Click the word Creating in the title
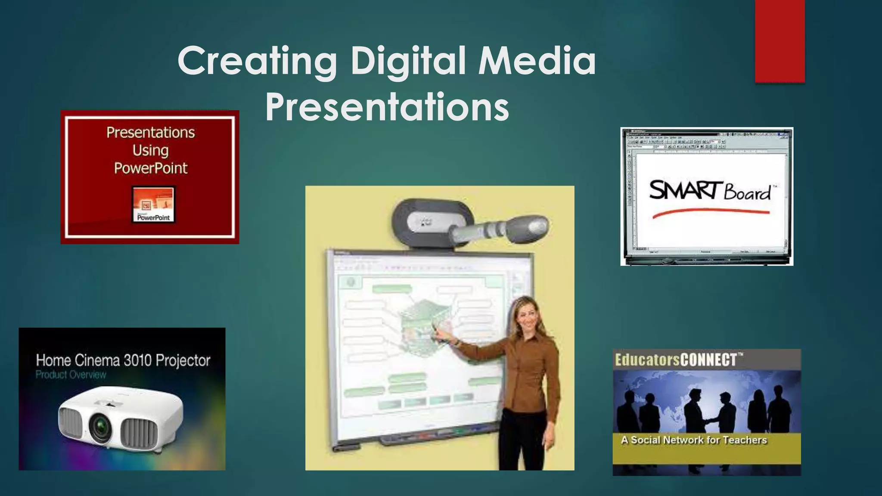click(257, 61)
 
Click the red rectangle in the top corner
click(780, 40)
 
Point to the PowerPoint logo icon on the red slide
click(153, 204)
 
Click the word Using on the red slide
click(150, 150)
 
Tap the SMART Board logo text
click(710, 191)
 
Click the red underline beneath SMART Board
click(711, 213)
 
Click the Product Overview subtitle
click(71, 375)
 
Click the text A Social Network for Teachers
click(694, 440)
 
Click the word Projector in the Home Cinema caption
click(183, 360)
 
